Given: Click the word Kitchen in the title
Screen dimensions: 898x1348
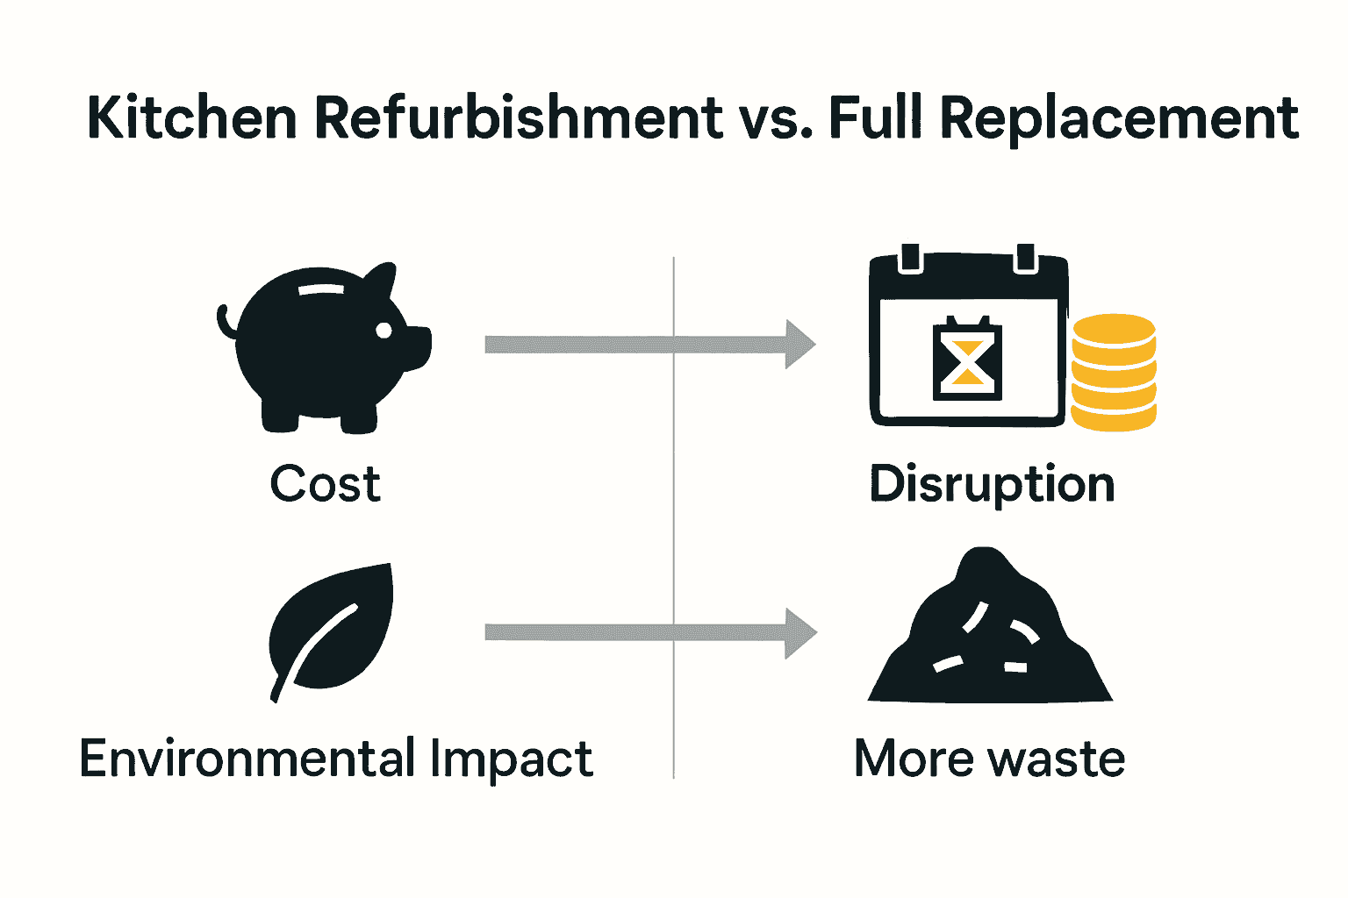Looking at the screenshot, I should (x=192, y=118).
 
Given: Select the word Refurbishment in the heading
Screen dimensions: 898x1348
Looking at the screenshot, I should (x=519, y=118).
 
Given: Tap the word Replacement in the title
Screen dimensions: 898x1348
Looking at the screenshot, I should (x=1119, y=118).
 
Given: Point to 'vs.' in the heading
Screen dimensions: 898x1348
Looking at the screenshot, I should (x=776, y=119).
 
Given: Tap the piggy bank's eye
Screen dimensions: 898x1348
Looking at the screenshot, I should (x=384, y=330).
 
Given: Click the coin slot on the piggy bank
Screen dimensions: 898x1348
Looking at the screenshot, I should (x=322, y=289).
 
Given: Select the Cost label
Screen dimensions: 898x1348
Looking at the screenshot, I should (x=325, y=483).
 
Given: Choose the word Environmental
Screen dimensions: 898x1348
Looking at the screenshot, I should (x=247, y=759).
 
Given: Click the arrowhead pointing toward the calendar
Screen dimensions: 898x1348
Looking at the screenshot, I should (x=799, y=344).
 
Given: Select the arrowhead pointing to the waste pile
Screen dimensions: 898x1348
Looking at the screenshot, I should (x=799, y=632).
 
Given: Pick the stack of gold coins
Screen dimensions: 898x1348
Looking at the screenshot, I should (x=1113, y=373).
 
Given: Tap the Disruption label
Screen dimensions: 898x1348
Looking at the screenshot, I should (x=992, y=484).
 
